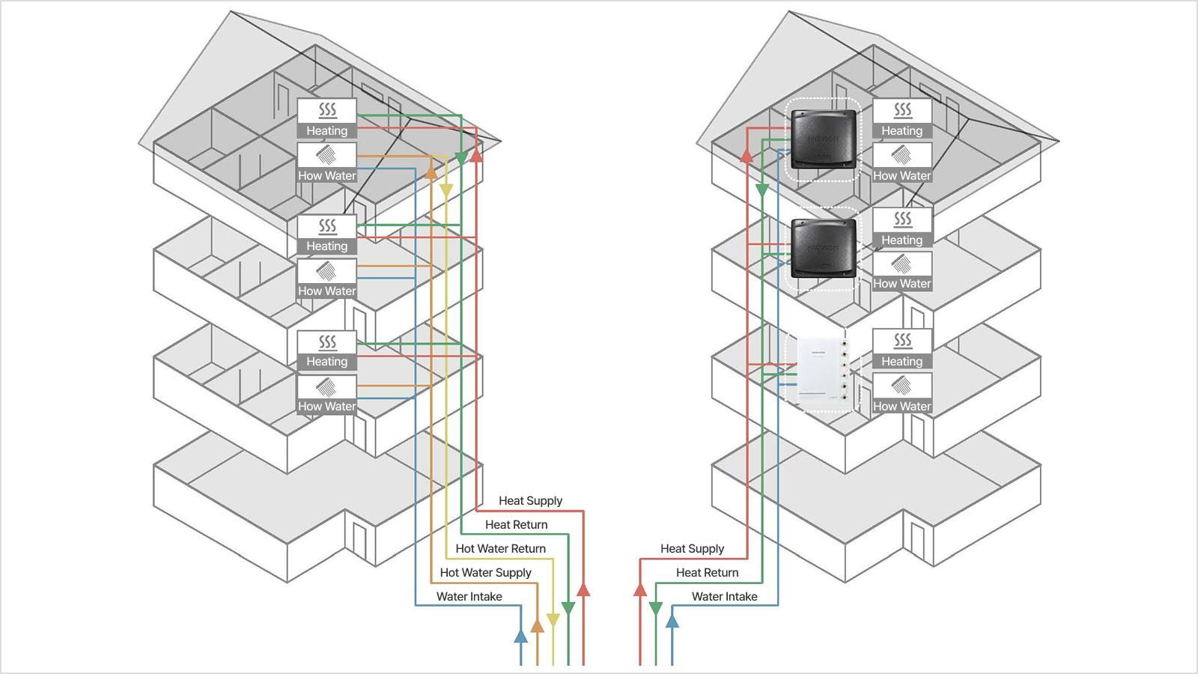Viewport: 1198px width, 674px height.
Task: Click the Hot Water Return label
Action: tap(501, 548)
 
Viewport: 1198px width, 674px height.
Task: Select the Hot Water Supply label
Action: tap(486, 573)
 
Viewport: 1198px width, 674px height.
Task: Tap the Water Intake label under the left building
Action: tap(469, 596)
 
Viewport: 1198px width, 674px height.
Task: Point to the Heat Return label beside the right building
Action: tap(707, 572)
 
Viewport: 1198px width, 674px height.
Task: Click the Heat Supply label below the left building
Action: tap(531, 501)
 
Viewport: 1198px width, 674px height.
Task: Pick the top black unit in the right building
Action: tap(824, 139)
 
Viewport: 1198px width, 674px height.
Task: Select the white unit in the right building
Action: tap(822, 370)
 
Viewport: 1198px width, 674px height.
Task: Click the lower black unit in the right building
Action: tap(824, 248)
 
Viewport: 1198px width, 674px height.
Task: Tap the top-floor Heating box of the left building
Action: tap(326, 118)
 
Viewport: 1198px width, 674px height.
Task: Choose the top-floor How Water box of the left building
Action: tap(326, 163)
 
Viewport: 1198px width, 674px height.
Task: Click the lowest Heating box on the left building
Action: tap(326, 350)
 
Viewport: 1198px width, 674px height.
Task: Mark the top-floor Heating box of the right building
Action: tap(902, 118)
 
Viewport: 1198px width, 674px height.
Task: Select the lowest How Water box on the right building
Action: tap(902, 393)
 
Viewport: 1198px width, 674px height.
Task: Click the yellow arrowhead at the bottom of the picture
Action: tap(553, 620)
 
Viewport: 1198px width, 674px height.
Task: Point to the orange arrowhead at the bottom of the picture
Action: tap(537, 625)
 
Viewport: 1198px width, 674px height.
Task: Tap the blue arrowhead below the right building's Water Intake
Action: tap(672, 621)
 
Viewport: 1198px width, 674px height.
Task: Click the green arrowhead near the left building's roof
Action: tap(461, 158)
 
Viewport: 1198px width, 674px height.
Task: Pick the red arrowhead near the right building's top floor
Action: tap(747, 155)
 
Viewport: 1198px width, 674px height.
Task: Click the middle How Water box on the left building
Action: tap(326, 278)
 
